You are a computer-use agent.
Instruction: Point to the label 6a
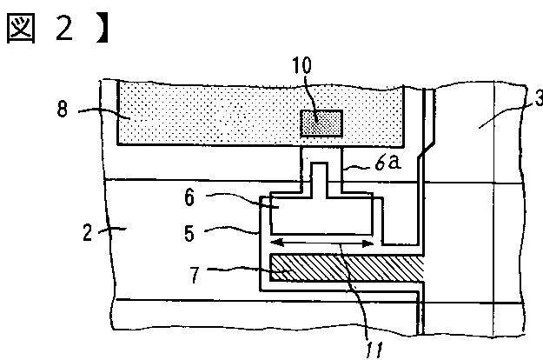pyautogui.click(x=386, y=163)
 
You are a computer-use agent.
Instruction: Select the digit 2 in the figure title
pyautogui.click(x=66, y=29)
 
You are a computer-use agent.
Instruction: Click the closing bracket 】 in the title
pyautogui.click(x=103, y=29)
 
